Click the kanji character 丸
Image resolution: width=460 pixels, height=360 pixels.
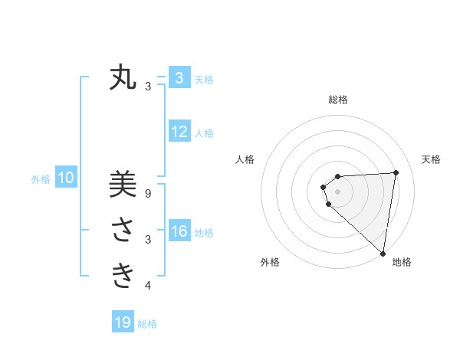click(123, 79)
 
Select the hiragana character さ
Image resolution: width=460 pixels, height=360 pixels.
click(123, 230)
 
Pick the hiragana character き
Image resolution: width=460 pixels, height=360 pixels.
click(123, 274)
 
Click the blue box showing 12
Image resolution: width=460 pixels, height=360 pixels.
click(179, 132)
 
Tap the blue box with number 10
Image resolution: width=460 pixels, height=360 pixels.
click(66, 178)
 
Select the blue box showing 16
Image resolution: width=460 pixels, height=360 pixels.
click(179, 231)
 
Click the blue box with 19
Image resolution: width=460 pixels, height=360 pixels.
click(123, 322)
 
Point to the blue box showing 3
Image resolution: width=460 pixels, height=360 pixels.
click(179, 78)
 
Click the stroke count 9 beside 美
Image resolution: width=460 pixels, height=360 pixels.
click(148, 195)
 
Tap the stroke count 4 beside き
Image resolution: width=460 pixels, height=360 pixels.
click(148, 286)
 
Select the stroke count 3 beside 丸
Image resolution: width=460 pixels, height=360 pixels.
click(148, 87)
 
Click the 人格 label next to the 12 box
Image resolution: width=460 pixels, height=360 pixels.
click(204, 133)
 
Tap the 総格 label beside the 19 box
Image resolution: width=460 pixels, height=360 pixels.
click(147, 324)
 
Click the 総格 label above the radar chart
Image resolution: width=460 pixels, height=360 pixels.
click(338, 100)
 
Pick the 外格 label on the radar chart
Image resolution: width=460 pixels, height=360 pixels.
click(270, 262)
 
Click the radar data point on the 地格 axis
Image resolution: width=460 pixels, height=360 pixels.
click(383, 253)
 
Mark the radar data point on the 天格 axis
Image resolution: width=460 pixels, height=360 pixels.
click(396, 172)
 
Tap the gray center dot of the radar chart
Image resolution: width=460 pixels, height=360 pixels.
click(338, 191)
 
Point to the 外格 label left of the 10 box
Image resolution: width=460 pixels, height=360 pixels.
click(41, 179)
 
